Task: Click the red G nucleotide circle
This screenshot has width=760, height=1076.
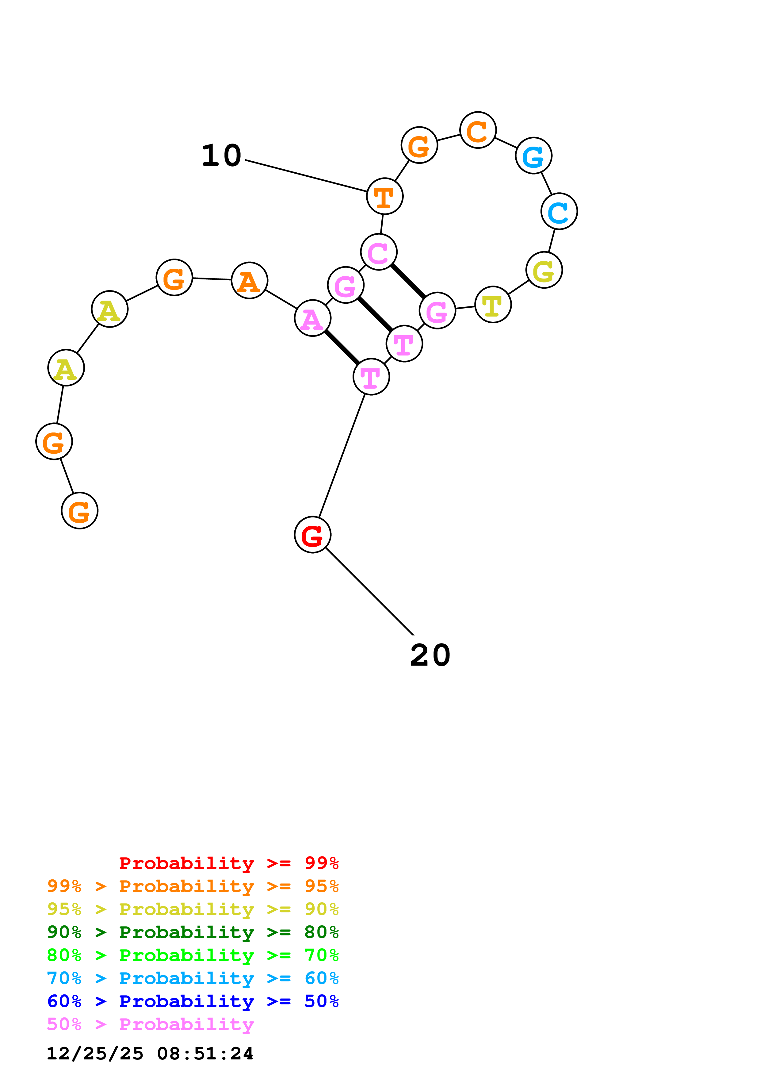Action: [x=312, y=534]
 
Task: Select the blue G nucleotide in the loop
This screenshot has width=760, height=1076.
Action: [x=533, y=156]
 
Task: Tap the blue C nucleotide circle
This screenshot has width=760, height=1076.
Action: [x=559, y=211]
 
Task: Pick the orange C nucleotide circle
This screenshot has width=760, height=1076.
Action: [x=478, y=130]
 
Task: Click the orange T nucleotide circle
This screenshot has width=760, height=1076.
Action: [x=384, y=196]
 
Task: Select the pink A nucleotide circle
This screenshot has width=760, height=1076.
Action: [x=312, y=318]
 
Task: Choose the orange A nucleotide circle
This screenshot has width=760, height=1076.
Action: [x=250, y=281]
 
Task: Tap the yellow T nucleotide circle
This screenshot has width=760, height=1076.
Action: [x=493, y=305]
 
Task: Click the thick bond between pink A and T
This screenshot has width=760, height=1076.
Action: [x=342, y=347]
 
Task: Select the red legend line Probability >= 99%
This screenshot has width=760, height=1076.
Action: [x=229, y=863]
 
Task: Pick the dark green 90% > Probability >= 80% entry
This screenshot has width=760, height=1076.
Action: [x=193, y=932]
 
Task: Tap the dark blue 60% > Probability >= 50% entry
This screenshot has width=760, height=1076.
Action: [x=193, y=1001]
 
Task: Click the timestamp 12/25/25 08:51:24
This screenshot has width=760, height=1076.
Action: [x=150, y=1054]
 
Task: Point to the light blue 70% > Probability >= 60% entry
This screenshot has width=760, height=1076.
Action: [x=193, y=978]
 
